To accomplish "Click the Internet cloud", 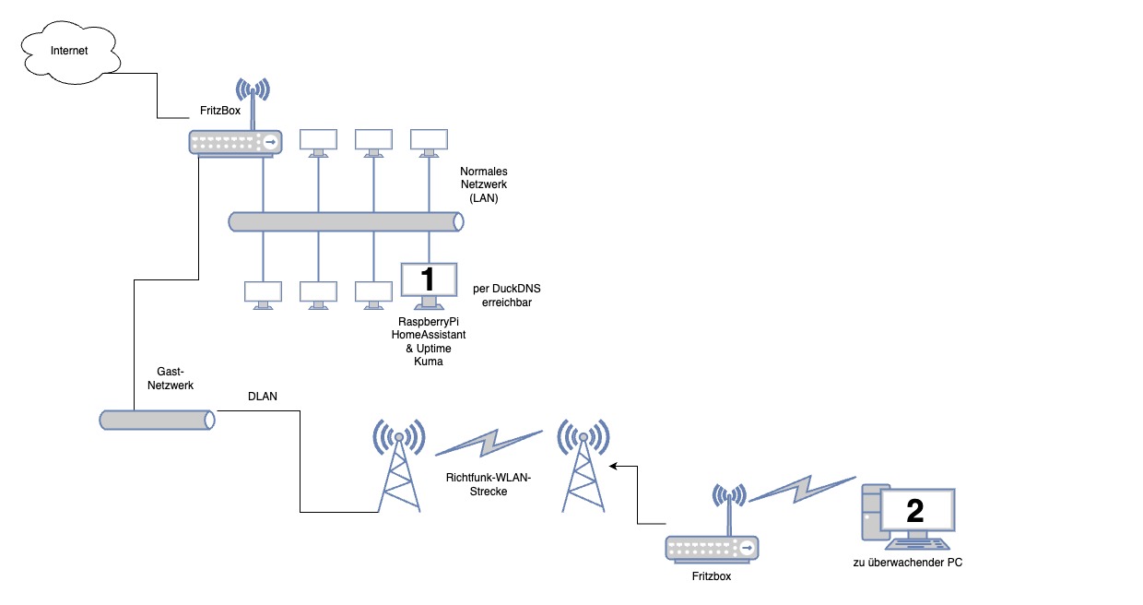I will pyautogui.click(x=70, y=53).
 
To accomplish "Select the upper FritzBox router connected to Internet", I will pyautogui.click(x=236, y=142).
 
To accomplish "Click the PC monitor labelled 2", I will pyautogui.click(x=916, y=510).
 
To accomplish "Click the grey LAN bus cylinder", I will pyautogui.click(x=346, y=221).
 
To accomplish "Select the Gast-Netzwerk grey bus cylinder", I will pyautogui.click(x=157, y=420).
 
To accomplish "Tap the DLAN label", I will pyautogui.click(x=263, y=397).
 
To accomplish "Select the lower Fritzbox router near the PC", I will pyautogui.click(x=712, y=548).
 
